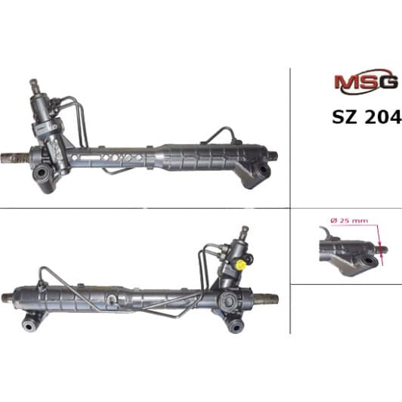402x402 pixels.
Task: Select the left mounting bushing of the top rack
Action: coord(42,173)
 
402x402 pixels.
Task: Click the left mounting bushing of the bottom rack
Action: coord(29,326)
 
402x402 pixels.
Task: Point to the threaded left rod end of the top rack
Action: coord(13,159)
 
